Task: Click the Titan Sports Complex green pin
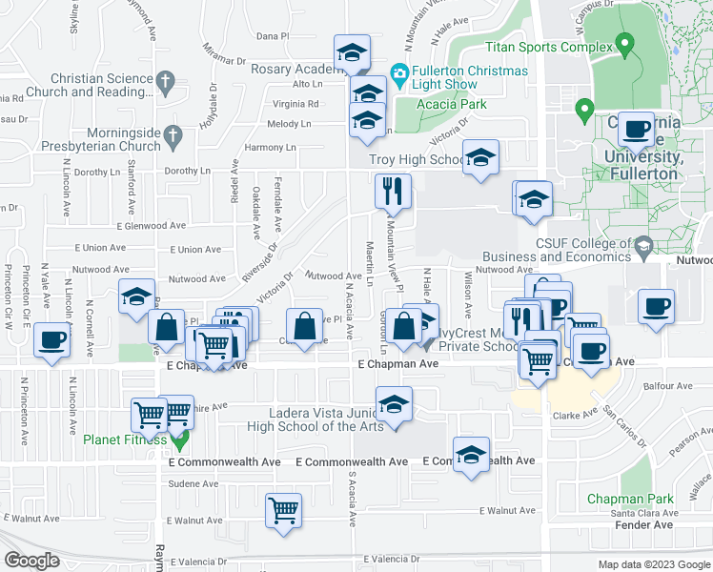click(x=625, y=44)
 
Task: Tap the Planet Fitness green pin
click(x=177, y=439)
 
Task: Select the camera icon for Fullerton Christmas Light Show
click(x=399, y=72)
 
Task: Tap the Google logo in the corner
click(x=31, y=561)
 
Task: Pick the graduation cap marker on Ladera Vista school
click(x=394, y=404)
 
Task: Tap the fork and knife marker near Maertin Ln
click(x=393, y=192)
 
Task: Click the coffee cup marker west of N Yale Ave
click(x=52, y=339)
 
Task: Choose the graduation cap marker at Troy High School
click(x=481, y=157)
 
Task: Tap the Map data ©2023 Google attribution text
click(x=654, y=564)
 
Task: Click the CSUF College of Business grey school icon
click(x=643, y=246)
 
